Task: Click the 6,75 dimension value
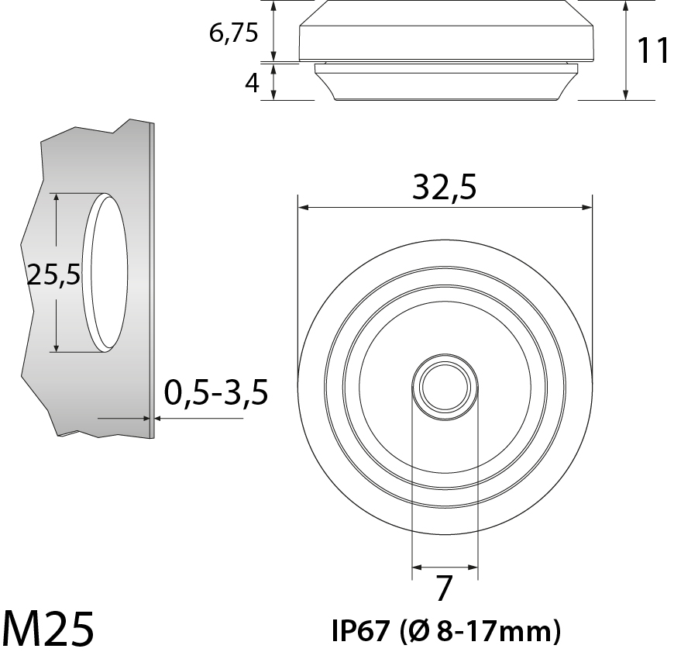[x=233, y=33]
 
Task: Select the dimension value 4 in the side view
[x=252, y=83]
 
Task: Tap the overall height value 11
[x=652, y=50]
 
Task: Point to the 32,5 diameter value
[x=445, y=188]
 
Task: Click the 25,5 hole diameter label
[x=53, y=275]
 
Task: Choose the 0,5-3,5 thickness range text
[x=216, y=392]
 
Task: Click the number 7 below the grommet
[x=445, y=588]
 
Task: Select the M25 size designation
[x=48, y=629]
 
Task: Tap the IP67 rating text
[x=361, y=631]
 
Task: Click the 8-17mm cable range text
[x=495, y=631]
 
